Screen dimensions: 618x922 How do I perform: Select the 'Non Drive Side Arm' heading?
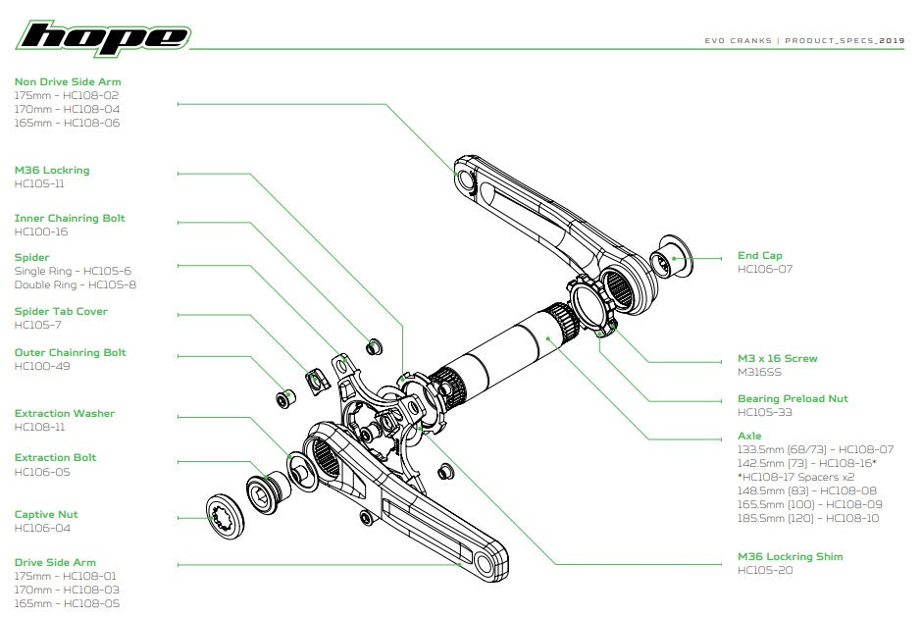point(68,81)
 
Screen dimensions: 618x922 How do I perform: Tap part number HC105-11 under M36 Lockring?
point(39,183)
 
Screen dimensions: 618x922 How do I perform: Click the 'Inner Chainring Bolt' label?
point(69,218)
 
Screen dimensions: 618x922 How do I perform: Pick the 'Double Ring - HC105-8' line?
point(75,284)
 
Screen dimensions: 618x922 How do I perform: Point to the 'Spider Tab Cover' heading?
point(61,311)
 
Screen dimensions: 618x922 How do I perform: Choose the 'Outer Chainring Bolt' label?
point(70,352)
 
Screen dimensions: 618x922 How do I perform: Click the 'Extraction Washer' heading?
point(64,413)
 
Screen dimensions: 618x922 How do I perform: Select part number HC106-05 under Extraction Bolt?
point(41,472)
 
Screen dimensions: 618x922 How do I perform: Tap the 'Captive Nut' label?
point(45,514)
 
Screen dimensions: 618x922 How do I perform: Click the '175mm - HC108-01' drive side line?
point(66,576)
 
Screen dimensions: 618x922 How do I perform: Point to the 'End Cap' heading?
point(759,256)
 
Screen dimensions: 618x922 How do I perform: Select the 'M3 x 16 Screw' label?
point(777,358)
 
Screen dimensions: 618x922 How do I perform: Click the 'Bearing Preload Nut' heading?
point(793,399)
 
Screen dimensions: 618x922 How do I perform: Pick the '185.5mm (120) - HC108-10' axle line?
point(809,517)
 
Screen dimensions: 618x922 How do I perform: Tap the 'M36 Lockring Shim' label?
point(790,556)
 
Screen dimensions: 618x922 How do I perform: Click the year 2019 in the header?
point(892,42)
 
